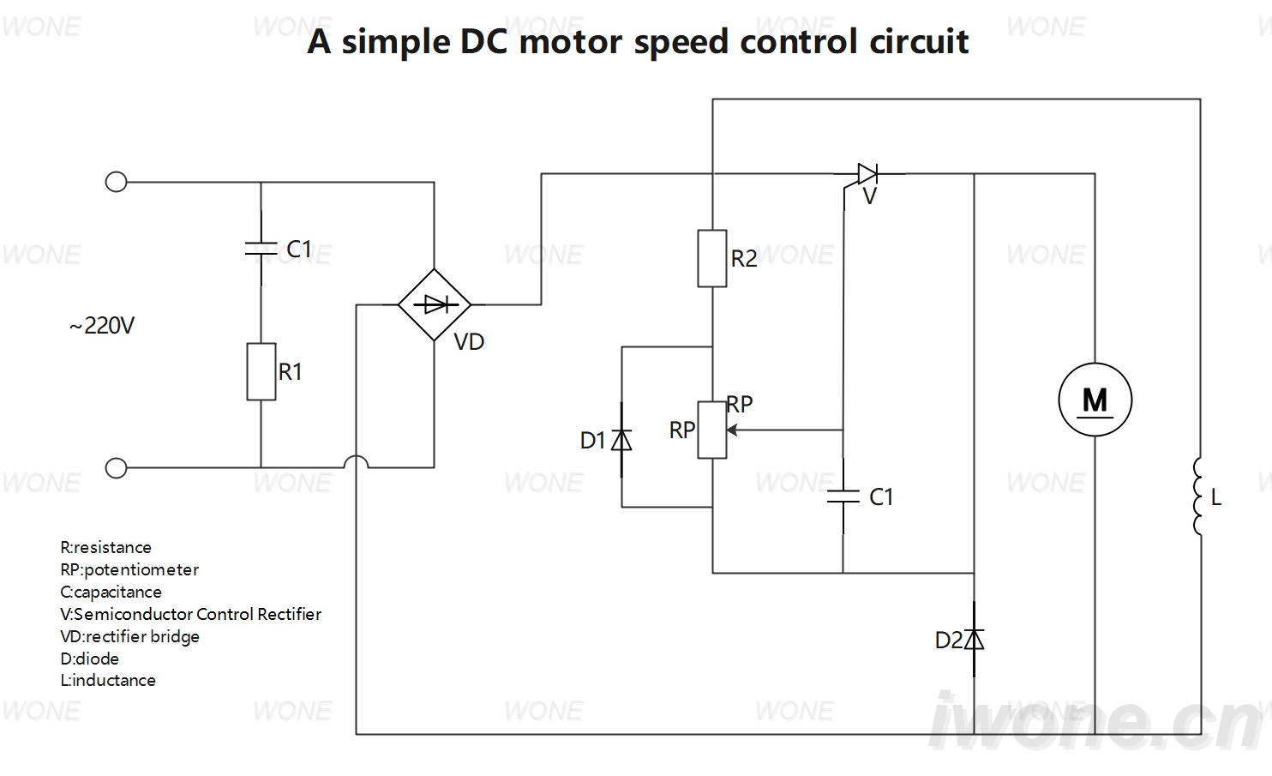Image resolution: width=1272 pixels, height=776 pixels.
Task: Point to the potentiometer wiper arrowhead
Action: click(x=732, y=430)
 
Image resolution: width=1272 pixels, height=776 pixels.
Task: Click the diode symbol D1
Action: click(x=621, y=440)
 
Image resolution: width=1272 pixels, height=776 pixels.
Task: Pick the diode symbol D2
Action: click(x=974, y=640)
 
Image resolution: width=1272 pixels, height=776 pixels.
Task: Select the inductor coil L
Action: click(x=1197, y=496)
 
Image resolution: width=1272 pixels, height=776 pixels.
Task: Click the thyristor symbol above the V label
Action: click(x=867, y=174)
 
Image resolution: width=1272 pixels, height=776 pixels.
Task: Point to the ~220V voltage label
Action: click(x=102, y=326)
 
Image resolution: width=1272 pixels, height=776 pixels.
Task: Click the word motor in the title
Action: click(x=570, y=41)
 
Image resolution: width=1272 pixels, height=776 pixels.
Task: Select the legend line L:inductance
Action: click(x=108, y=681)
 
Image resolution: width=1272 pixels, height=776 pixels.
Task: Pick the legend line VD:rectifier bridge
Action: click(x=130, y=636)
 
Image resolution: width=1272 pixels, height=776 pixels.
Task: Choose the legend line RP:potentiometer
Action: click(x=129, y=570)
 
